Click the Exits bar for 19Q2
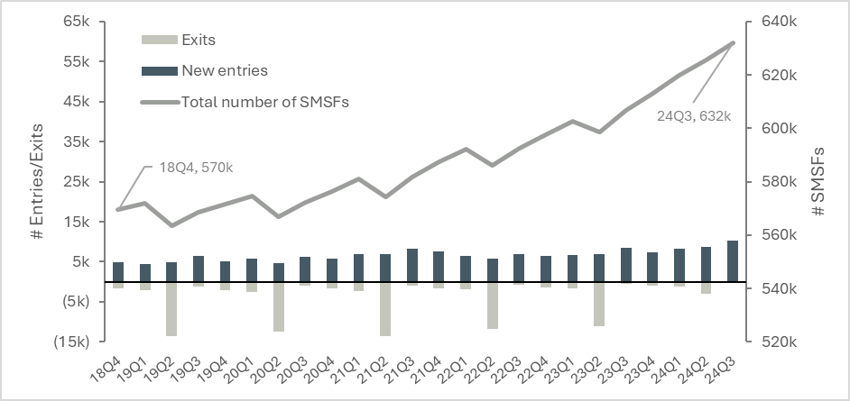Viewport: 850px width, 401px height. (171, 309)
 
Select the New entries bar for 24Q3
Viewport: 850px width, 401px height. (733, 261)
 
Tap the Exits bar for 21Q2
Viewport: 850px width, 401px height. (385, 309)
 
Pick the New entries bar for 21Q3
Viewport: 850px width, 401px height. (412, 265)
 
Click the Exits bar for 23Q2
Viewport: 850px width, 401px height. (599, 304)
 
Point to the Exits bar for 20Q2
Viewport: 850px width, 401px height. (279, 306)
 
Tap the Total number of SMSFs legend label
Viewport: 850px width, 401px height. (264, 101)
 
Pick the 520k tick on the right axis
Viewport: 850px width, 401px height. (776, 342)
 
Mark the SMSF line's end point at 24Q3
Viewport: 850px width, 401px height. (733, 42)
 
